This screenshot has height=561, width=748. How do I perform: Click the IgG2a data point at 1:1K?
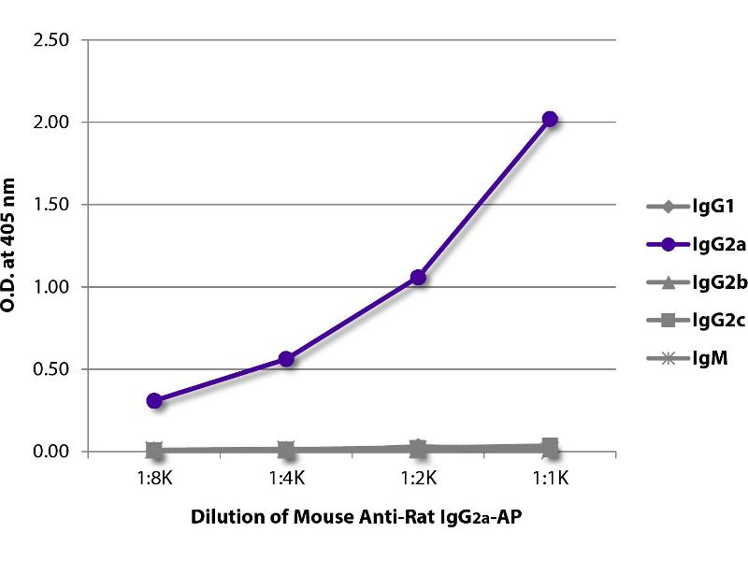(550, 119)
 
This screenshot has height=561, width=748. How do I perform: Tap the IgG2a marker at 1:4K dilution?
(286, 359)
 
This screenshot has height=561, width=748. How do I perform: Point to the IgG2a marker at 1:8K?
(154, 400)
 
